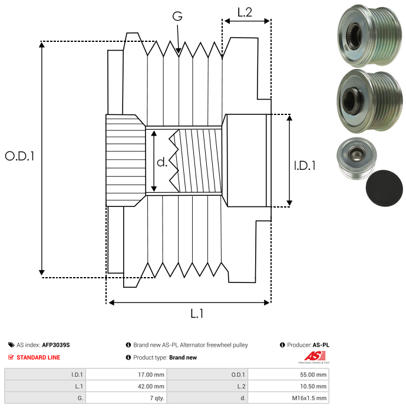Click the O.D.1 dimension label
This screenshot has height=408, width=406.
pyautogui.click(x=19, y=156)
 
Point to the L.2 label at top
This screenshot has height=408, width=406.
pyautogui.click(x=245, y=11)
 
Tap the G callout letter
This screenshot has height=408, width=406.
pyautogui.click(x=177, y=17)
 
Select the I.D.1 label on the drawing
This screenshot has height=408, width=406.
pyautogui.click(x=305, y=166)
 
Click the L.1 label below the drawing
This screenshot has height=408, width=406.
pyautogui.click(x=196, y=314)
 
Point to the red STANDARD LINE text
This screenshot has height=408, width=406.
pyautogui.click(x=38, y=357)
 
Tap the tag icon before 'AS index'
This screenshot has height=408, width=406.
pyautogui.click(x=11, y=345)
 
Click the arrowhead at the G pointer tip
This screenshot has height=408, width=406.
pyautogui.click(x=179, y=51)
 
